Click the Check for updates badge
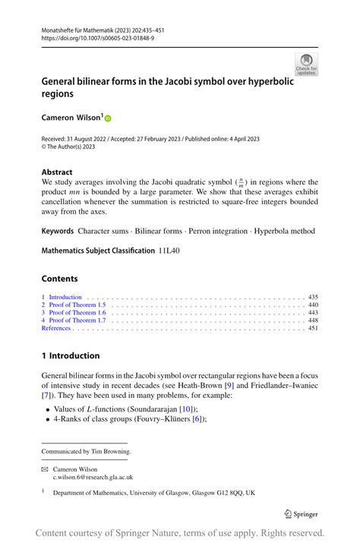click(x=306, y=64)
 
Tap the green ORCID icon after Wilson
click(x=107, y=118)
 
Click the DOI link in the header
click(x=98, y=37)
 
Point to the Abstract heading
click(x=57, y=172)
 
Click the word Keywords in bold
click(x=58, y=231)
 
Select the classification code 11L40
click(x=171, y=250)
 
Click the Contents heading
click(x=60, y=279)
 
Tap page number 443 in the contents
click(x=312, y=312)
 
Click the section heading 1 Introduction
click(x=71, y=355)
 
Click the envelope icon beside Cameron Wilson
click(x=46, y=469)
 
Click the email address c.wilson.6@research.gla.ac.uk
click(x=93, y=478)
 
